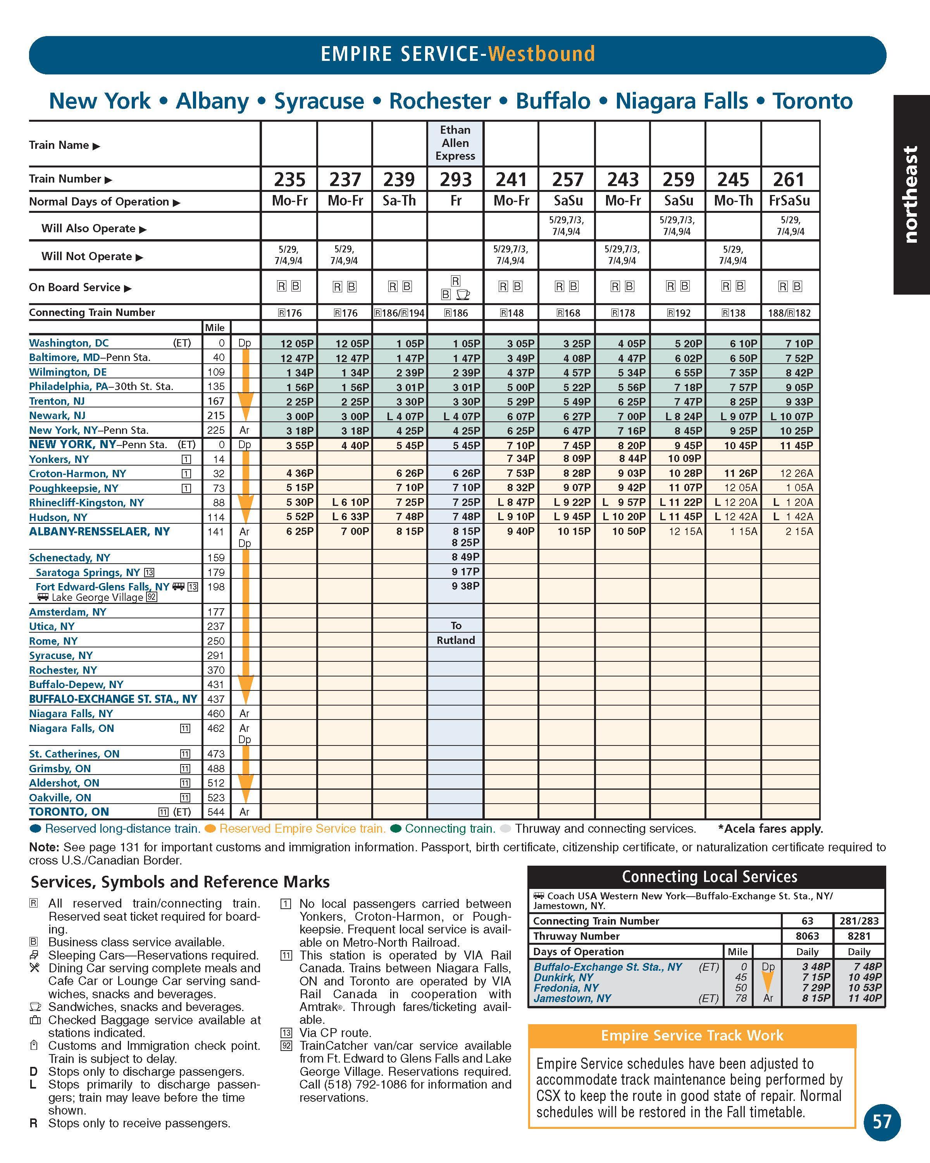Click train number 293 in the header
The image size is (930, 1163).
456,179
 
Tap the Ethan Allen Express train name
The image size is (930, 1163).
456,143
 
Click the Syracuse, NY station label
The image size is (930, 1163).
61,656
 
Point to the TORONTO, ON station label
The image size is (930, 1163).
69,812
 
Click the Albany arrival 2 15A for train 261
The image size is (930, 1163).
799,531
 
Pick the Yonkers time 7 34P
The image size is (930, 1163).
521,459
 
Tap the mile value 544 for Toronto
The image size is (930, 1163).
216,812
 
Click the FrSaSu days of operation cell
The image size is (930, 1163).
789,201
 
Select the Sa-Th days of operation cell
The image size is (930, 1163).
400,201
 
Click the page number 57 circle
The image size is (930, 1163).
882,1122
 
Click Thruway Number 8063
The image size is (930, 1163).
807,936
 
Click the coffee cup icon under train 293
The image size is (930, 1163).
463,295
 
